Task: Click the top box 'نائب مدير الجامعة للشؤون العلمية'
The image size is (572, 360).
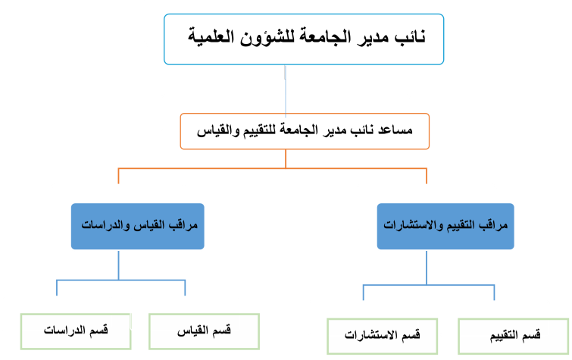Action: click(304, 39)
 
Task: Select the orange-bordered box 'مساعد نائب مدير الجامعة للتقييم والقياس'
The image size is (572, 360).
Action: click(305, 131)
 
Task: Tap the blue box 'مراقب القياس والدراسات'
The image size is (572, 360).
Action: click(138, 227)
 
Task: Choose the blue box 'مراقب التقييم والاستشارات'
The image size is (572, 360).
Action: click(445, 227)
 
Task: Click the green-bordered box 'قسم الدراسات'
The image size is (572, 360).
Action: click(76, 331)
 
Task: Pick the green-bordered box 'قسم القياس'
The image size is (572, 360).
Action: click(205, 331)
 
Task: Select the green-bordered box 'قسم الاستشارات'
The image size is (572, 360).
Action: click(383, 337)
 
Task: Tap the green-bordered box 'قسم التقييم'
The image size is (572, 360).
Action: click(513, 337)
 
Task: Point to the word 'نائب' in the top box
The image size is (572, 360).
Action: click(411, 37)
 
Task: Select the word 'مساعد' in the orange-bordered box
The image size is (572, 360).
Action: click(395, 130)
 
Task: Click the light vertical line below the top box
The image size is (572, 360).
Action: click(286, 91)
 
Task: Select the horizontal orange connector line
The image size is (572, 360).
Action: click(273, 168)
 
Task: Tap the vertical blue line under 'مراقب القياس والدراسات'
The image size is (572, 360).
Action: click(118, 265)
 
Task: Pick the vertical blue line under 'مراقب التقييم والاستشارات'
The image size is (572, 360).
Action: click(427, 268)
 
